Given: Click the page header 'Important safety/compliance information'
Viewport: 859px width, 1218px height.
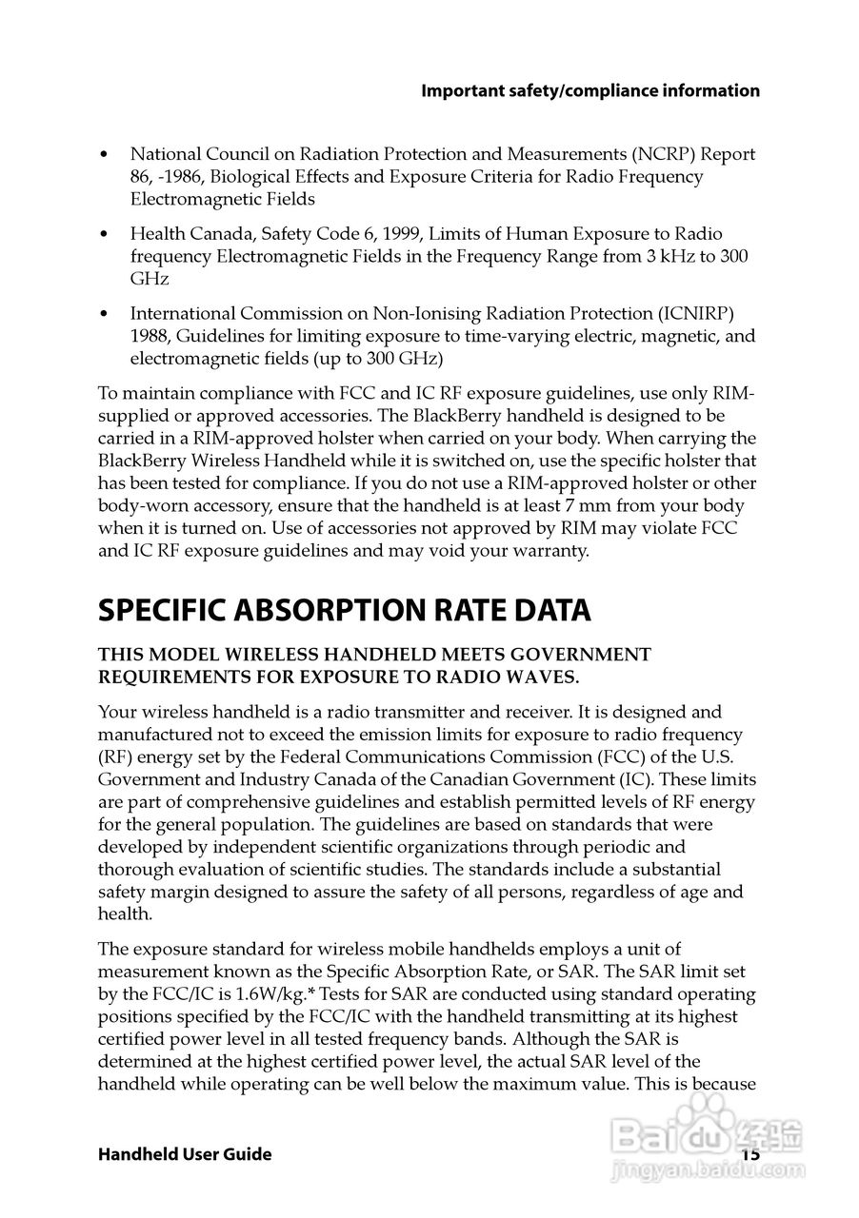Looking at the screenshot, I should coord(590,91).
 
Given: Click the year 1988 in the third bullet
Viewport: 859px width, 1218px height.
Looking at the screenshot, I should coord(150,337).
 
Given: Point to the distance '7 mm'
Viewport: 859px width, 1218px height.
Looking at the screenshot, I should coord(593,506).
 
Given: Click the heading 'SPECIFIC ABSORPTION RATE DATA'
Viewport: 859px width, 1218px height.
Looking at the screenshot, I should coord(344,611).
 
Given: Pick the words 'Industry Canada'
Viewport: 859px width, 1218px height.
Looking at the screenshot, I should coord(262,780).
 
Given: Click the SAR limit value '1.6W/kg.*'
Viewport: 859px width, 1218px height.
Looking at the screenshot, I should coord(259,994).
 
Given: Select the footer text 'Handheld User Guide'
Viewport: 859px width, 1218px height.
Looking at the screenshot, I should coord(185,1154).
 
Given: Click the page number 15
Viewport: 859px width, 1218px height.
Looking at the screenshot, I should coord(750,1154).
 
